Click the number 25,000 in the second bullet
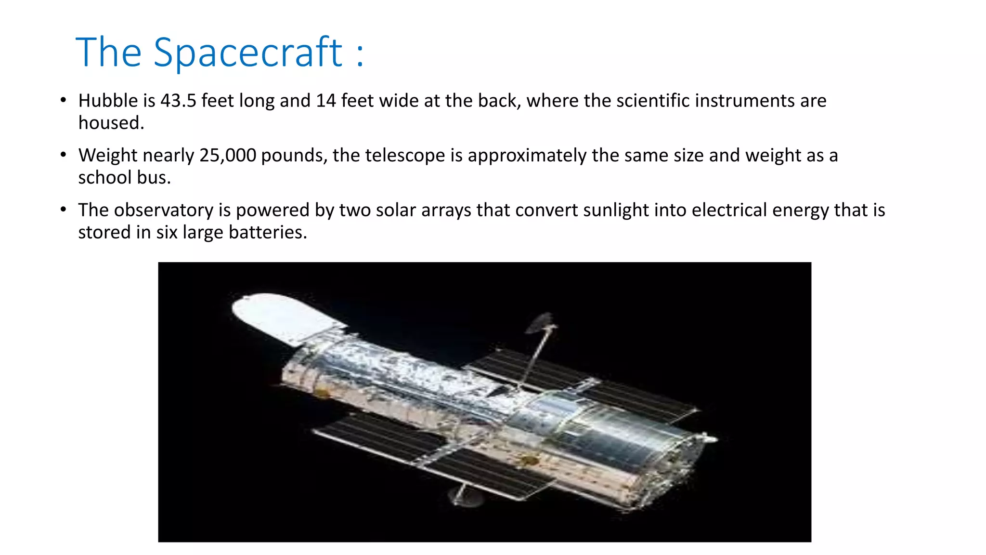(x=227, y=156)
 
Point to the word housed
(x=111, y=123)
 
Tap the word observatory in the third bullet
(x=163, y=211)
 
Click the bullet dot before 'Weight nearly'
(x=63, y=155)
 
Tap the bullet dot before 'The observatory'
(x=63, y=210)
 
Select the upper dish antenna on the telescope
(x=540, y=322)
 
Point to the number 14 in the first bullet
(x=325, y=101)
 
